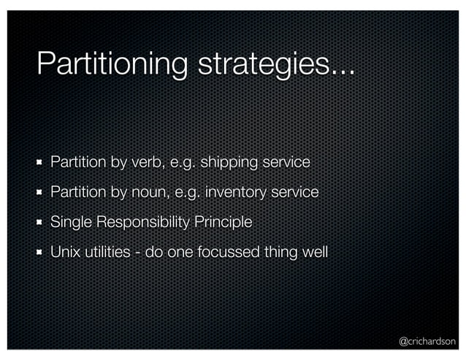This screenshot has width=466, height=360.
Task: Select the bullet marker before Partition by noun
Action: click(41, 193)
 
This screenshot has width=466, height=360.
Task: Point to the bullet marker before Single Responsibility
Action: click(41, 222)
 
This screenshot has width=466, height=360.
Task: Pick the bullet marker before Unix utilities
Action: click(41, 252)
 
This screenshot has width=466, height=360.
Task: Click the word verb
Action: click(145, 162)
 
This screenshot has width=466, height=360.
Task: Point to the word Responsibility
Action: click(142, 222)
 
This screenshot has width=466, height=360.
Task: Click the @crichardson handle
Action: click(427, 340)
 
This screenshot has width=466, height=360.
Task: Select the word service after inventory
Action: click(295, 192)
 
